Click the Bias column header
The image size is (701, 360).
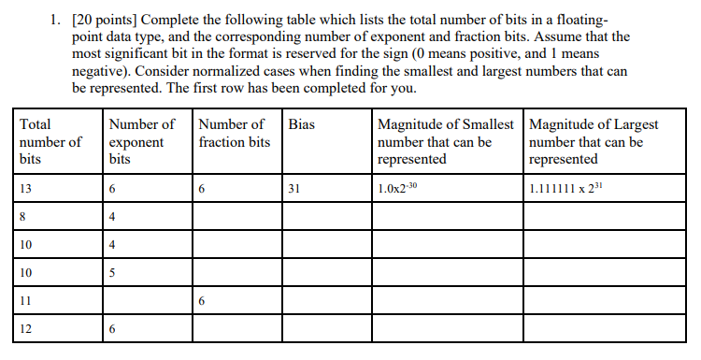(x=302, y=124)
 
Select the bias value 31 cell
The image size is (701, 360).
(x=294, y=189)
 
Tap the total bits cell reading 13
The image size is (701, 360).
(x=26, y=189)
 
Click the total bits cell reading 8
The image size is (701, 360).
(x=22, y=217)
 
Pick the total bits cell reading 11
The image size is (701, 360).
(x=25, y=301)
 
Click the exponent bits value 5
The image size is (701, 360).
(x=112, y=273)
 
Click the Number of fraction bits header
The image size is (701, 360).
(x=235, y=133)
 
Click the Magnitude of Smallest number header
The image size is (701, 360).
(x=446, y=141)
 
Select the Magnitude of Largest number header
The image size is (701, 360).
(x=593, y=141)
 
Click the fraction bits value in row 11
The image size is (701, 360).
(x=203, y=301)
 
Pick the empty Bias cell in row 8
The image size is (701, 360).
(x=326, y=217)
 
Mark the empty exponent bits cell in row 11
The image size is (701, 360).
(x=147, y=301)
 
